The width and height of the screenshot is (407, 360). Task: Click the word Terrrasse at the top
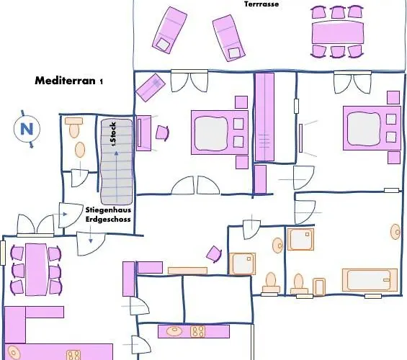tap(261, 4)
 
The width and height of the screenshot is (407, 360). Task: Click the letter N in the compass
tap(27, 129)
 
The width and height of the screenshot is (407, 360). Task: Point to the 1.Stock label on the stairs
tap(113, 134)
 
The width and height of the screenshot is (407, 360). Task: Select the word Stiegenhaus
tap(108, 210)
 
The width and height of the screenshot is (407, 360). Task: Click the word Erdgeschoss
tap(108, 219)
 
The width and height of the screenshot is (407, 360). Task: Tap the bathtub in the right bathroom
tap(370, 280)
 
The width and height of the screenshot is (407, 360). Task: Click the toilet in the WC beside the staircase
tap(74, 127)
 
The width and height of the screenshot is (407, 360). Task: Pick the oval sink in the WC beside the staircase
tap(80, 150)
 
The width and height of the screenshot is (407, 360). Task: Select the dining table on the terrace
tap(338, 32)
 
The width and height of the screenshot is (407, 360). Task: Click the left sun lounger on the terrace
tap(169, 30)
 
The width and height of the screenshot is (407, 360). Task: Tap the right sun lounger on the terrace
tap(228, 38)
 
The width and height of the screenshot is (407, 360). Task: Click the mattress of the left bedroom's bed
tap(212, 133)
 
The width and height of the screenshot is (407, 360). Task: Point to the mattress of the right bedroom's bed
tap(364, 129)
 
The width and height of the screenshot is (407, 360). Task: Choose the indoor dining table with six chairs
tap(36, 269)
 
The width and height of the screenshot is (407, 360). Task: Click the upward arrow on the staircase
tap(117, 176)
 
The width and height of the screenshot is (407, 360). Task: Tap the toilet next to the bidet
tap(299, 284)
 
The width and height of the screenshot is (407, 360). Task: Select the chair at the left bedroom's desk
tap(162, 132)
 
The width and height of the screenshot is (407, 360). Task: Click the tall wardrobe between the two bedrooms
tap(264, 117)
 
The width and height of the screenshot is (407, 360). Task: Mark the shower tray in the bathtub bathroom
tap(300, 239)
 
